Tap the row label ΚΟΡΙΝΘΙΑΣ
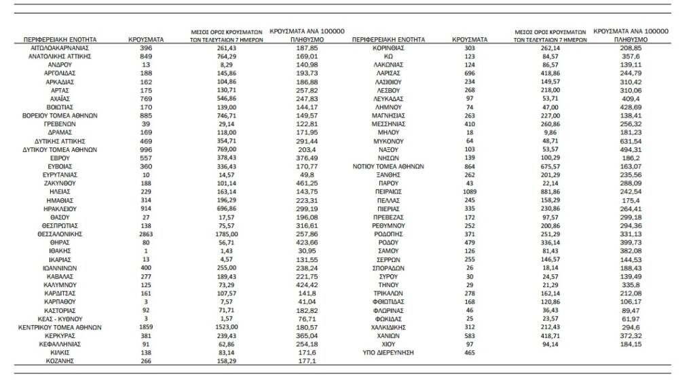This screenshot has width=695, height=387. coord(389,50)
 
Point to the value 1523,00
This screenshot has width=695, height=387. coord(227,327)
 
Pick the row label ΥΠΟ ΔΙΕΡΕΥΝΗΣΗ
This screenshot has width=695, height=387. coord(389,353)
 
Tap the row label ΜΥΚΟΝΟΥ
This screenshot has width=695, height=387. coord(389,141)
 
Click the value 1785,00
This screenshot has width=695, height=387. coord(227,233)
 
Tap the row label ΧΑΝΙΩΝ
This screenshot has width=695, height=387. coord(389,335)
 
